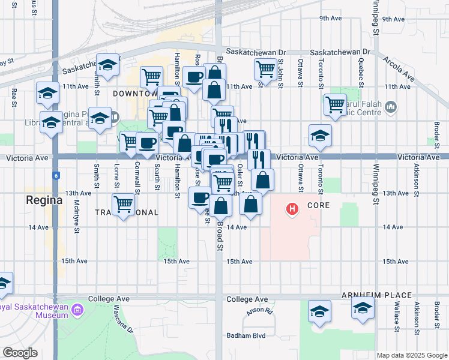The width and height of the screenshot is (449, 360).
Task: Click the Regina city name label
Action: click(x=44, y=200)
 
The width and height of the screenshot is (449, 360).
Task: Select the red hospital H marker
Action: click(x=292, y=209)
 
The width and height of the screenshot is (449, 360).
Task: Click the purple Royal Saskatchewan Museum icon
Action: click(x=76, y=310)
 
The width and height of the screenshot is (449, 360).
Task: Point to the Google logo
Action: click(x=20, y=353)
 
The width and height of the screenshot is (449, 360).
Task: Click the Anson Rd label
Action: click(x=259, y=312)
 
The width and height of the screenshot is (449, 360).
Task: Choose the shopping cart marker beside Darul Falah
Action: click(x=335, y=105)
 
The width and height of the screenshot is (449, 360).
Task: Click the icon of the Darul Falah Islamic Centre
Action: click(x=391, y=107)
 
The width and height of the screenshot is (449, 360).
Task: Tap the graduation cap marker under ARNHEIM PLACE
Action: click(x=363, y=310)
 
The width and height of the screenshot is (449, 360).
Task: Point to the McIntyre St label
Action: click(x=77, y=212)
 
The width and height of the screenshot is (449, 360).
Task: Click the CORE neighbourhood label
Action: click(x=319, y=205)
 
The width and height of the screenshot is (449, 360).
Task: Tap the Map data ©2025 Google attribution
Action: click(x=412, y=355)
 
